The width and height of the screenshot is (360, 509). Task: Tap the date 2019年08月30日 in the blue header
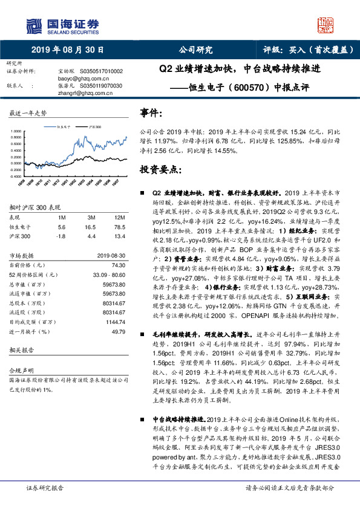click(x=67, y=50)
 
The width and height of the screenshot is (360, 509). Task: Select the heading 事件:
click(x=151, y=112)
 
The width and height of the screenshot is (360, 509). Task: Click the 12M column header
click(x=119, y=217)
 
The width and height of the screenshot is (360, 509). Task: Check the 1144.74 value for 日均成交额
click(x=114, y=323)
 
